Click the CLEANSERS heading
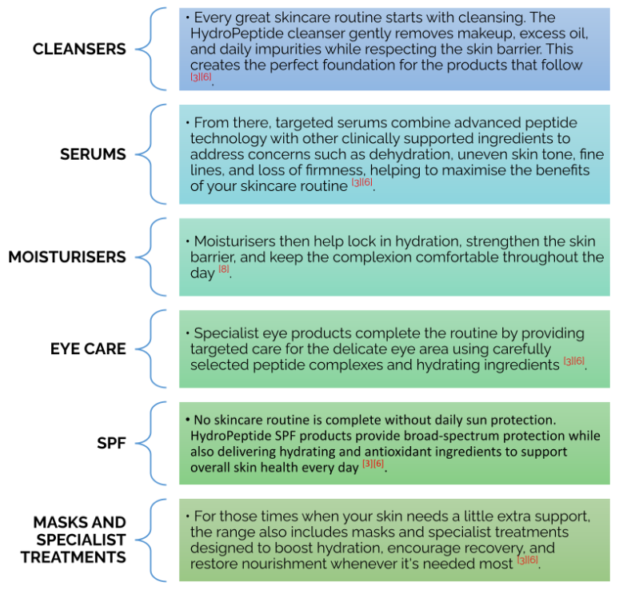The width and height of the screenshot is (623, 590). click(x=79, y=50)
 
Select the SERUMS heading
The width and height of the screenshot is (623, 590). click(x=93, y=154)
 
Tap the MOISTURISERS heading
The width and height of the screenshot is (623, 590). click(x=67, y=257)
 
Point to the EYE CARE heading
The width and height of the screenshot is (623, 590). click(x=88, y=349)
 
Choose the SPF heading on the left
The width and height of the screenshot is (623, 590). click(x=111, y=443)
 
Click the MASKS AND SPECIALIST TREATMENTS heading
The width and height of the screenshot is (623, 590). click(x=74, y=540)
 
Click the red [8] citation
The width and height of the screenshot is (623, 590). click(x=224, y=269)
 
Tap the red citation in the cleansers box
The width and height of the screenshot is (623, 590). click(x=201, y=77)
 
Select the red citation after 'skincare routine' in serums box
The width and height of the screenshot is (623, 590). click(x=362, y=182)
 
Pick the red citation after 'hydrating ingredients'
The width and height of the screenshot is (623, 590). click(x=573, y=361)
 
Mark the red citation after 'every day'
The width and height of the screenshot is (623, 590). click(x=373, y=464)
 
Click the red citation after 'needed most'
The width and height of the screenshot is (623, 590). click(x=527, y=560)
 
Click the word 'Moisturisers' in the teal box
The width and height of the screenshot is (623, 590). click(x=234, y=241)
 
